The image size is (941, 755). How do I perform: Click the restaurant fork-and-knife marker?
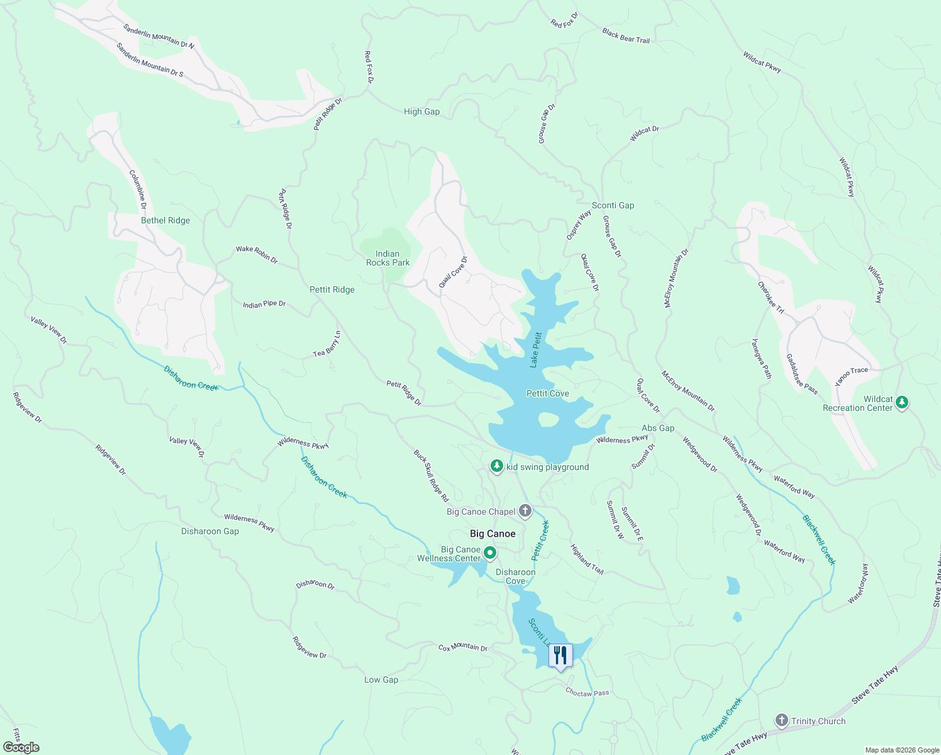click(x=560, y=656)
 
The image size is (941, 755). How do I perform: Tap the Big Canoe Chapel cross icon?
click(x=525, y=511)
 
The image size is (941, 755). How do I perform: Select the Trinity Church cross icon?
click(x=781, y=721)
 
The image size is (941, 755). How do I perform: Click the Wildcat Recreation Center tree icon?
click(x=902, y=402)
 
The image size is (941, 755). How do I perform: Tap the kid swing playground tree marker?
click(x=497, y=466)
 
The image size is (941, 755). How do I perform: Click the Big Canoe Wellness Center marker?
click(x=490, y=553)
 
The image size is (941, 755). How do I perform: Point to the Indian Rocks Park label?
click(x=387, y=258)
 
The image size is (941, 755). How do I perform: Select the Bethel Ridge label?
click(x=165, y=220)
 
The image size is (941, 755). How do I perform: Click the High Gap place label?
click(x=421, y=111)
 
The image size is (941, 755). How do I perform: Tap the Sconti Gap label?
click(x=613, y=205)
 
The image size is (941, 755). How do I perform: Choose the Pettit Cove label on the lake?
click(x=547, y=393)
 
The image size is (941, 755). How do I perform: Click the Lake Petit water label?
click(x=535, y=350)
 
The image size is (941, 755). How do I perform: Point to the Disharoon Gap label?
click(x=210, y=531)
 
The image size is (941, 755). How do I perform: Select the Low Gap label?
click(x=381, y=679)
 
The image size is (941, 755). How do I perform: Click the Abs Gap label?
click(x=658, y=428)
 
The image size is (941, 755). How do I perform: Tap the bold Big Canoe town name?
click(x=493, y=534)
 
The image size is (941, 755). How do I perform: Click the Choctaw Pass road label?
click(x=587, y=693)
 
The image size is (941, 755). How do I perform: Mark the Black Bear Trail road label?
click(x=625, y=35)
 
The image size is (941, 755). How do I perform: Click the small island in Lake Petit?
click(x=548, y=419)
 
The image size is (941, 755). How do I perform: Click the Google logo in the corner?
click(x=21, y=747)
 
